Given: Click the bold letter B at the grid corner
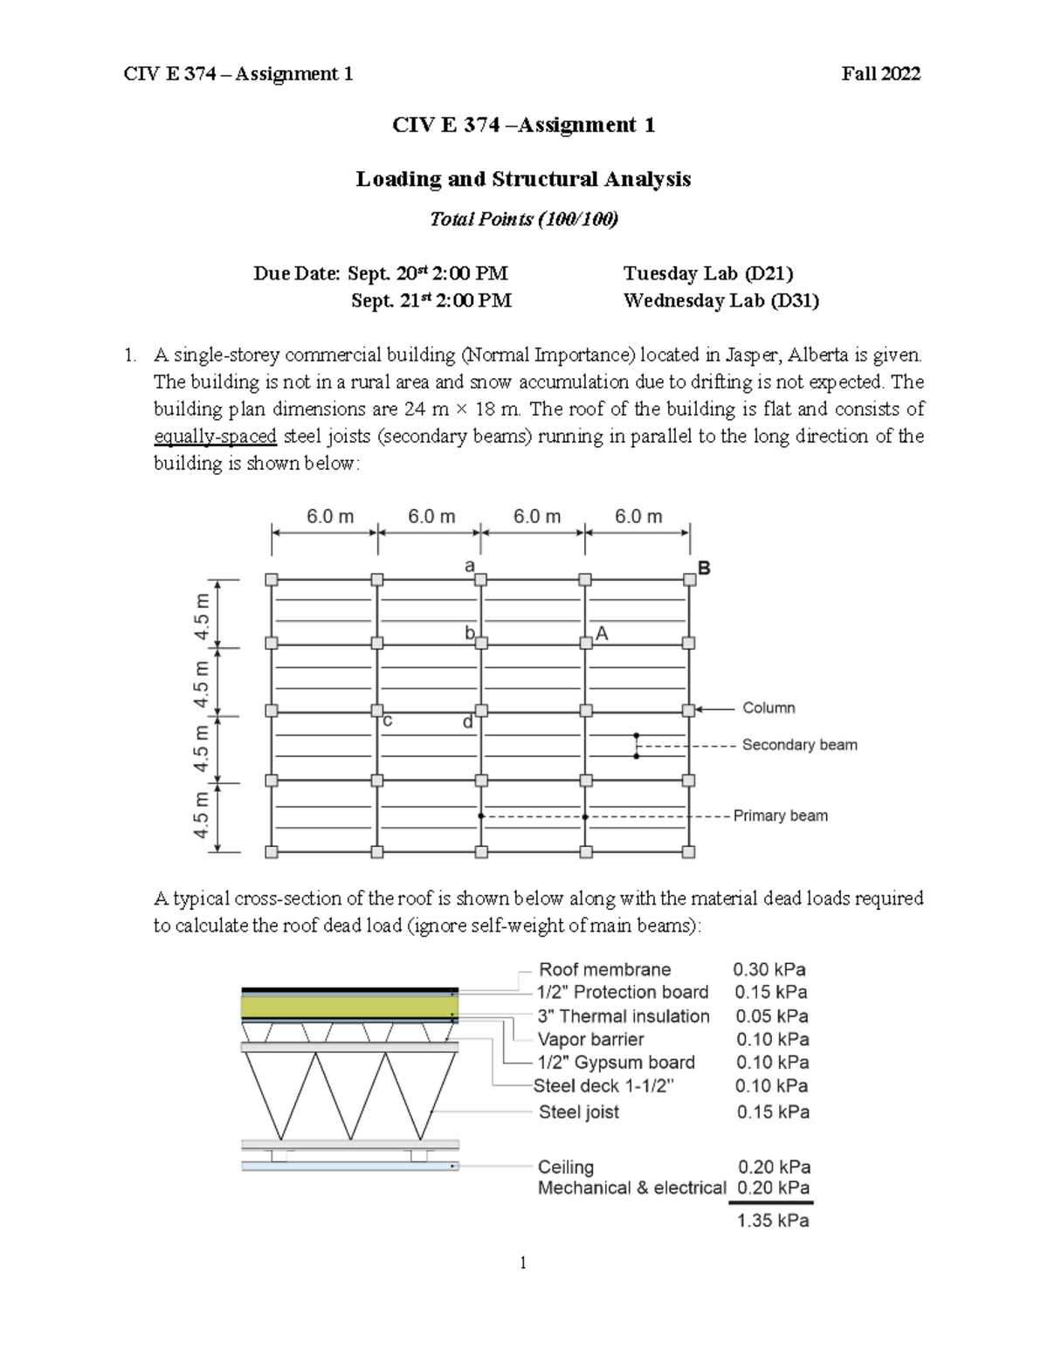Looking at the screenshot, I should [x=703, y=568].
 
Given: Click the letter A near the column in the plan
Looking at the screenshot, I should [x=602, y=634].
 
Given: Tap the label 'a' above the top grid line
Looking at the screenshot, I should [x=469, y=566].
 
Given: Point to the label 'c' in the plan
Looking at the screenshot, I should [x=387, y=721].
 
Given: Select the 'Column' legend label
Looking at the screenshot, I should [x=769, y=708].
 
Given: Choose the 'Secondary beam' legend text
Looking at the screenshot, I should [x=799, y=745].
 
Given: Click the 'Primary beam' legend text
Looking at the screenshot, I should [x=780, y=816].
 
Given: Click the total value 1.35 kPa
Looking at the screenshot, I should [x=772, y=1221].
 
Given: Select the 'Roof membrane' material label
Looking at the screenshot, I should [x=604, y=969].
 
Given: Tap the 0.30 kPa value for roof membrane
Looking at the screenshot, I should [x=769, y=969].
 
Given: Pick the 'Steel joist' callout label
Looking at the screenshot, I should [x=578, y=1112].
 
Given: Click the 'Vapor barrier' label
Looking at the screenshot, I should [x=590, y=1039].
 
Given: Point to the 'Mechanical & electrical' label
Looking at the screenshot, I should [x=631, y=1187].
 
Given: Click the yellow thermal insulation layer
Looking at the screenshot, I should [x=349, y=1007].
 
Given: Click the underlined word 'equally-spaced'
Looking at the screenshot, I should [x=215, y=436].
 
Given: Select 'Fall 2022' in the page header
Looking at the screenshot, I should [x=880, y=74].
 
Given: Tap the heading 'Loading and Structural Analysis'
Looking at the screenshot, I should [x=523, y=179].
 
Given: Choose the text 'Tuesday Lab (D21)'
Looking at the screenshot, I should [x=708, y=273].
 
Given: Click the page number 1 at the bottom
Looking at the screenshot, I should [x=522, y=1263].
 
